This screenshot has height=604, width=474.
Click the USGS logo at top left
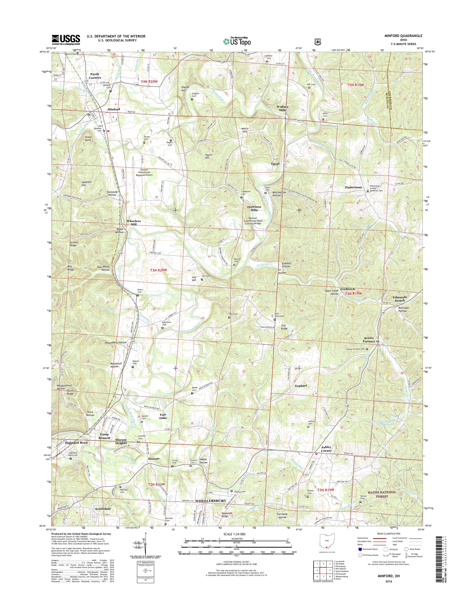click(x=66, y=40)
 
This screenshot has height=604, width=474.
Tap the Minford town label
click(x=113, y=109)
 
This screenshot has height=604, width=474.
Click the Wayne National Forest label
click(x=382, y=494)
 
